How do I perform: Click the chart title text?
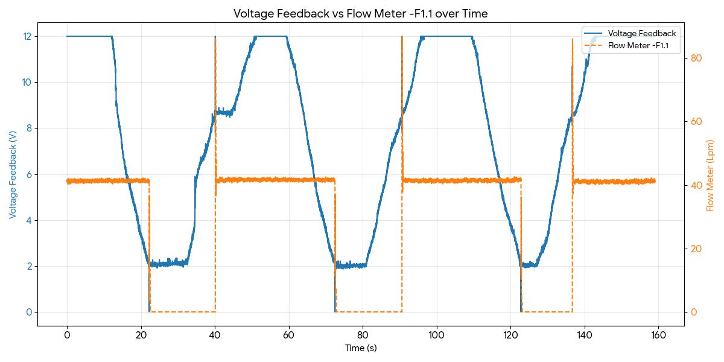(360, 13)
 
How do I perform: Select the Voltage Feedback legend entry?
(642, 34)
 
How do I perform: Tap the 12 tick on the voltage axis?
(27, 36)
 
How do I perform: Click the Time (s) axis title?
(360, 348)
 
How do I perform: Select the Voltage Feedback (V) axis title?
(13, 174)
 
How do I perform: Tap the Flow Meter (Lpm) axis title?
(710, 175)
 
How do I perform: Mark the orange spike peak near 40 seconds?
(215, 37)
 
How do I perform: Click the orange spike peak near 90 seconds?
(402, 37)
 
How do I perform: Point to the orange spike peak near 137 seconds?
(573, 39)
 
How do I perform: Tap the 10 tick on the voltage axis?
(27, 82)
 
